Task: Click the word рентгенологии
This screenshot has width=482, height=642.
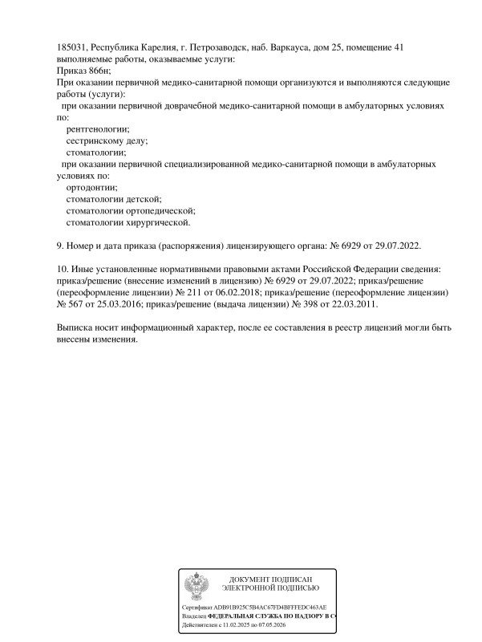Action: [97, 128]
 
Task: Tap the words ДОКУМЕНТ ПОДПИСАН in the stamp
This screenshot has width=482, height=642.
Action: [270, 579]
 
